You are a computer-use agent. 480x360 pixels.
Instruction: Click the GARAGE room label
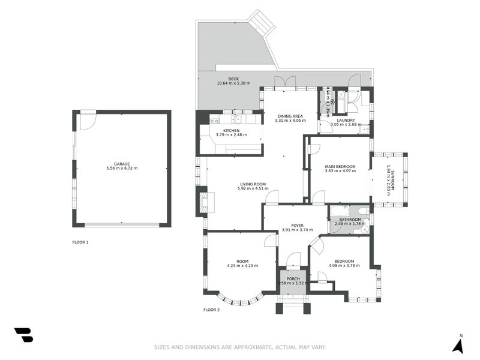tap(122, 163)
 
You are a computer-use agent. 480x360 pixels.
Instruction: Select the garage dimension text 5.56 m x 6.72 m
tap(122, 168)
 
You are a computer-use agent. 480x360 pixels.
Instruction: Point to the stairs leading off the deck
tap(262, 23)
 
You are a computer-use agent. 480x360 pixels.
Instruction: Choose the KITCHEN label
tap(231, 130)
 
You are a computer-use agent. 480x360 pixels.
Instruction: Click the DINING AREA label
tap(290, 116)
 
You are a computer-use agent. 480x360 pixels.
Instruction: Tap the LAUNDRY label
tap(346, 120)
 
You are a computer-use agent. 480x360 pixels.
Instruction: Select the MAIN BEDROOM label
tap(340, 166)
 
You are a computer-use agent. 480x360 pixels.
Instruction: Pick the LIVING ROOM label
tap(252, 184)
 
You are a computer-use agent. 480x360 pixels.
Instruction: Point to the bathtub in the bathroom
tap(340, 211)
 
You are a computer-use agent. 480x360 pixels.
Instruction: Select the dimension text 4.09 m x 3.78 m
tap(343, 266)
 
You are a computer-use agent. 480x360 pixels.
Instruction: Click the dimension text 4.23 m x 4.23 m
tap(242, 266)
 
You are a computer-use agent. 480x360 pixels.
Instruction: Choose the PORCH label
tap(293, 278)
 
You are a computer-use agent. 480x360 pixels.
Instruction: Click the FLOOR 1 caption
tap(80, 242)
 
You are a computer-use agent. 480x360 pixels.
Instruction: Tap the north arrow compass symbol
tap(458, 344)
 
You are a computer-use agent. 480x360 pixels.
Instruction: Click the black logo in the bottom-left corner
tap(23, 335)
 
